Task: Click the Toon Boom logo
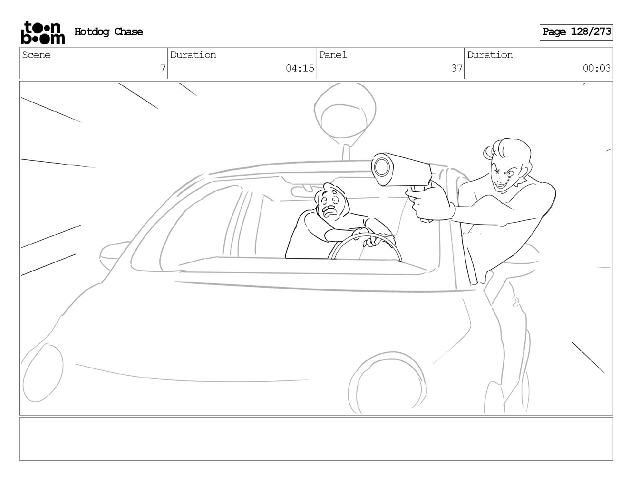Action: click(43, 33)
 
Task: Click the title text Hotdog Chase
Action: click(109, 32)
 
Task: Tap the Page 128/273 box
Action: click(576, 32)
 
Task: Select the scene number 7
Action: click(163, 68)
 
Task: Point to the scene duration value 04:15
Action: click(300, 68)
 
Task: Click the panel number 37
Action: click(456, 68)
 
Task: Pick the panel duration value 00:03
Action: click(596, 68)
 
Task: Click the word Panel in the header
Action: click(333, 55)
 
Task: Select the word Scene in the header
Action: click(36, 55)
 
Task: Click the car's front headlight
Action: click(43, 373)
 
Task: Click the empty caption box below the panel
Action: click(316, 439)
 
